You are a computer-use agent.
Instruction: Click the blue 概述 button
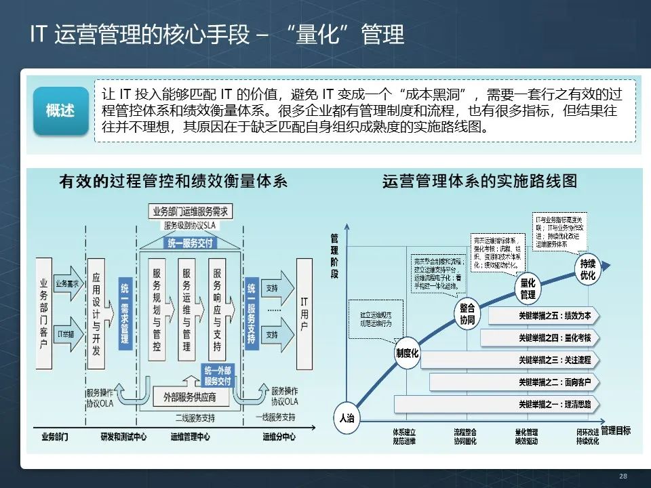(x=61, y=110)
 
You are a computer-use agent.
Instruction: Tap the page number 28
(x=623, y=476)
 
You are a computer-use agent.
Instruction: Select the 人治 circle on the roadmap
(x=346, y=418)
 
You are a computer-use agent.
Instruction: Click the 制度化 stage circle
(x=408, y=353)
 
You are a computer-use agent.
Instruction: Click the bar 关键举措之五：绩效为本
(x=543, y=316)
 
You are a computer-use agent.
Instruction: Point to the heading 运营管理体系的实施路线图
(x=479, y=182)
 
